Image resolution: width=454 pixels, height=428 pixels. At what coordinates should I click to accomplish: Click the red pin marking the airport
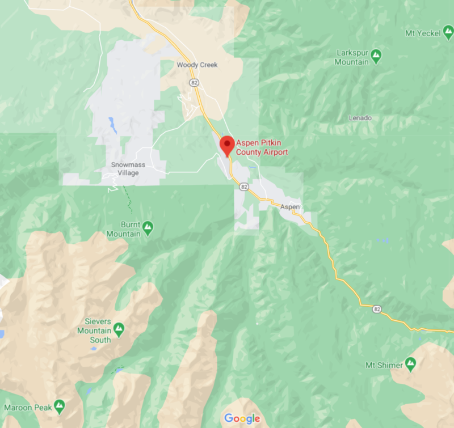(227, 144)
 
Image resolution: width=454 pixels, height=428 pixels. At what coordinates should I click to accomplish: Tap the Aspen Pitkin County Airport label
(262, 148)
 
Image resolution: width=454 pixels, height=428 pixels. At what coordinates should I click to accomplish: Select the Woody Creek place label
(197, 65)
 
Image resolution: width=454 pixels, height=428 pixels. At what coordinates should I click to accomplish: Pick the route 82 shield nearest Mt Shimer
(377, 309)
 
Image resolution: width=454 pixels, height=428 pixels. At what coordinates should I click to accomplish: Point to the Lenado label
(360, 118)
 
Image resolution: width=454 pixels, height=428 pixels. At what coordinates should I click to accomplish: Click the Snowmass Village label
(124, 169)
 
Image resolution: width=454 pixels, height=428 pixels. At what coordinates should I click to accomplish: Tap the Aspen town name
(289, 207)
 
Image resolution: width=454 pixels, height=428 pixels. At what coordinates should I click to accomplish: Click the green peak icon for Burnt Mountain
(148, 228)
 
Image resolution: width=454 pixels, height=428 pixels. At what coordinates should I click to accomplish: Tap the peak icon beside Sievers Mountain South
(119, 328)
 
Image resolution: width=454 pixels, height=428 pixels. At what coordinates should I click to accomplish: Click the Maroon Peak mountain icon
(59, 406)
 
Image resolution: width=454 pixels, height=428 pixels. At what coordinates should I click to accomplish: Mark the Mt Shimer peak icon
(410, 363)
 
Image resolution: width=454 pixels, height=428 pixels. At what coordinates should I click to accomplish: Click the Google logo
(242, 418)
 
